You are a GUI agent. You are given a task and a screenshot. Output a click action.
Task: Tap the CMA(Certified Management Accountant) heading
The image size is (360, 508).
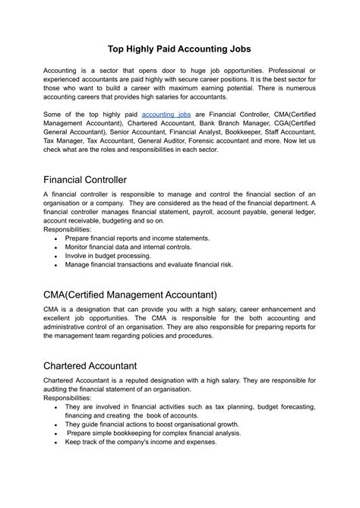(130, 295)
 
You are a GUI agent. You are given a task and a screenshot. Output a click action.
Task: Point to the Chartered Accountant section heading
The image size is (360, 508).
(100, 365)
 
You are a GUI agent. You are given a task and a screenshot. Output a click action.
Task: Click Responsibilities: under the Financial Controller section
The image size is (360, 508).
(67, 229)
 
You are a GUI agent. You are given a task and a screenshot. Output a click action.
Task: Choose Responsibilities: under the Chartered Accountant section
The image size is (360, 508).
(67, 397)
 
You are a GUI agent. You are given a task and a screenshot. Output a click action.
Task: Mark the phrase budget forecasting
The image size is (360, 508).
(279, 406)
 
